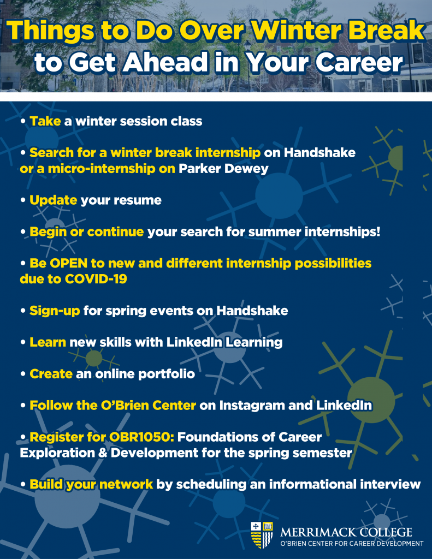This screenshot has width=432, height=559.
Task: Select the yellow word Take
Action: click(x=45, y=121)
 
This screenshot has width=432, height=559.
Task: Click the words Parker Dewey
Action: click(x=224, y=169)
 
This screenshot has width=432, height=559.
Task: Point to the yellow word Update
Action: click(x=53, y=200)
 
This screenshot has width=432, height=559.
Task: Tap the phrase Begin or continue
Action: click(x=87, y=232)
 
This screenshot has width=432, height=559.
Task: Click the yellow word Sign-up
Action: click(x=55, y=311)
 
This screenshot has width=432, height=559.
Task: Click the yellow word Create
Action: click(x=51, y=374)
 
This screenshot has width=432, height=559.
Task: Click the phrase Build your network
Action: click(x=91, y=484)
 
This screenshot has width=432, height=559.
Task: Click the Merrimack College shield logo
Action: click(x=262, y=535)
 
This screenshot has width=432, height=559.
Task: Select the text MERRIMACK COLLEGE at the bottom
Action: click(x=346, y=532)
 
